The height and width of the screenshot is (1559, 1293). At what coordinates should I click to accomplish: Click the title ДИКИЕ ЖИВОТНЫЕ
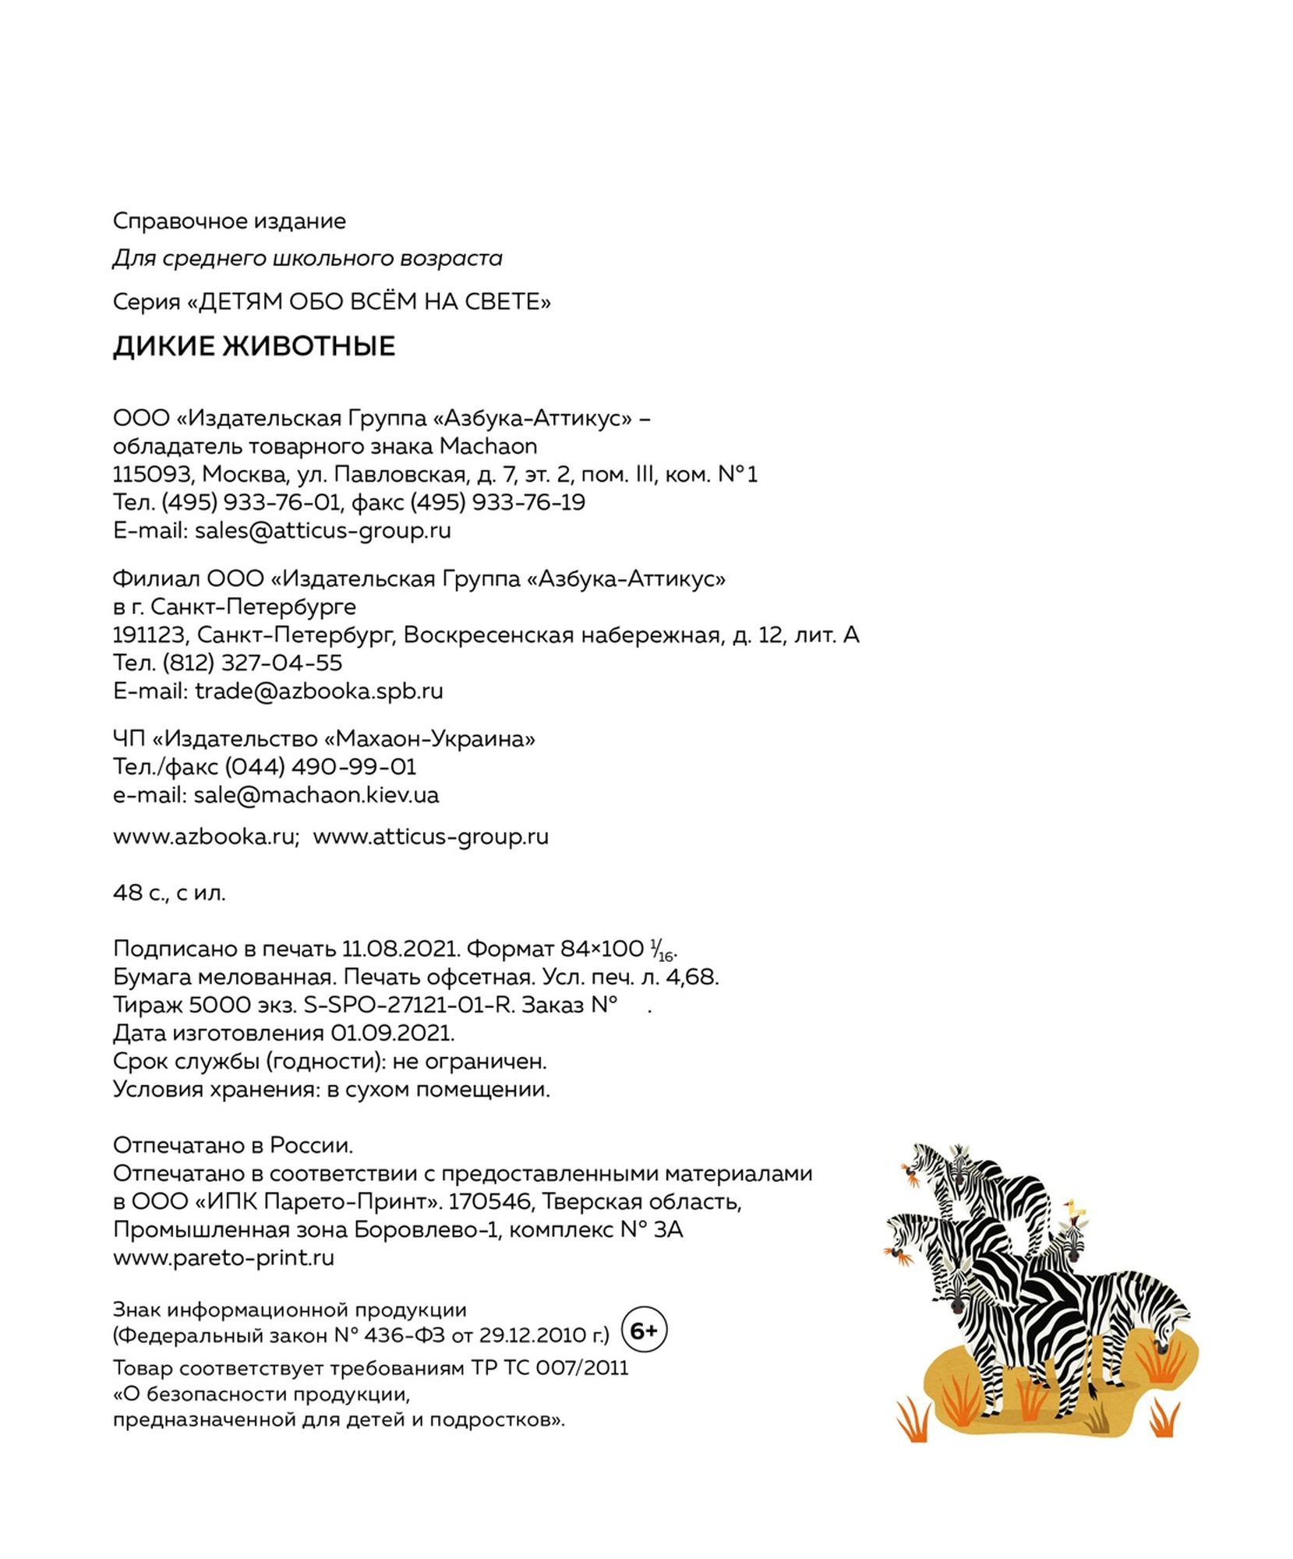pyautogui.click(x=254, y=346)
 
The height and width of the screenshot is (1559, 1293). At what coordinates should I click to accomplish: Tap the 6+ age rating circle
pyautogui.click(x=644, y=1331)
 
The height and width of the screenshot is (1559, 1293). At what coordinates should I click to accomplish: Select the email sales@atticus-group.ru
pyautogui.click(x=323, y=531)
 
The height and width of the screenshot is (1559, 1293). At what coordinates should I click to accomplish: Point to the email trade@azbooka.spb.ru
pyautogui.click(x=319, y=691)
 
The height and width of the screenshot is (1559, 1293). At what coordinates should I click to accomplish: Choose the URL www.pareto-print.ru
pyautogui.click(x=224, y=1257)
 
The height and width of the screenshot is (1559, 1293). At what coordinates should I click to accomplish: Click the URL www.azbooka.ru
pyautogui.click(x=204, y=836)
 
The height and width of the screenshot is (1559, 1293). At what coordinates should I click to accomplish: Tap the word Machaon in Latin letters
pyautogui.click(x=488, y=447)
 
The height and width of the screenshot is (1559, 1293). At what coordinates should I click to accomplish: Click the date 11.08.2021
pyautogui.click(x=398, y=949)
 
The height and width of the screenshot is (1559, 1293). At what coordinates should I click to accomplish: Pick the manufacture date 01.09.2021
pyautogui.click(x=392, y=1034)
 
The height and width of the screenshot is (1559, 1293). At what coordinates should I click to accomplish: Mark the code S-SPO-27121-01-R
pyautogui.click(x=409, y=1006)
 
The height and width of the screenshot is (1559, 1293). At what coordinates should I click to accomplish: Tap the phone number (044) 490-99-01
pyautogui.click(x=320, y=767)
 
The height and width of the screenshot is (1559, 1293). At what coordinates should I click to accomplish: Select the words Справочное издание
pyautogui.click(x=229, y=221)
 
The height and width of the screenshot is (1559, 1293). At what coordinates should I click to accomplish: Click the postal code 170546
pyautogui.click(x=489, y=1202)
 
